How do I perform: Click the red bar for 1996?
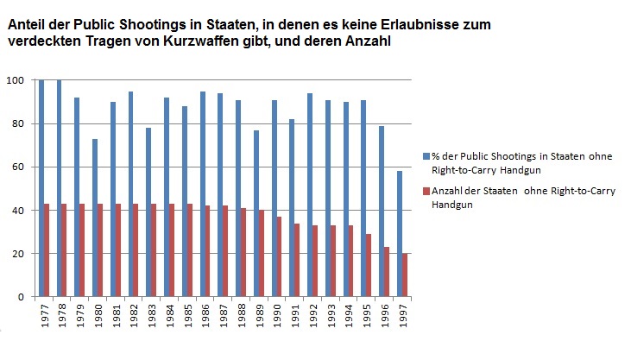(x=386, y=272)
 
